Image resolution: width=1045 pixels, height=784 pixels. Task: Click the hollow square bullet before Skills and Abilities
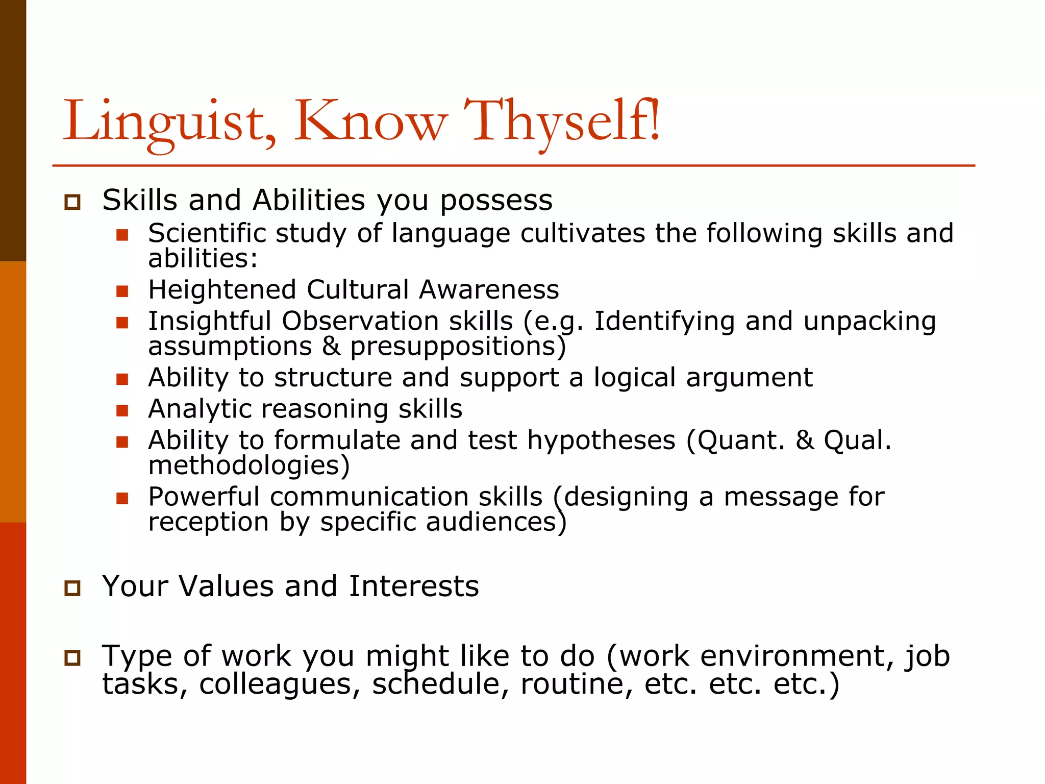[72, 202]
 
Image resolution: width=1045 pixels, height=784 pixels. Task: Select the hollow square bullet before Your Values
[72, 588]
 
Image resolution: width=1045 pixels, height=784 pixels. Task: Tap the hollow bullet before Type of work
[72, 657]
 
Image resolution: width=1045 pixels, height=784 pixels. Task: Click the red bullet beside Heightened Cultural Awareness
[122, 291]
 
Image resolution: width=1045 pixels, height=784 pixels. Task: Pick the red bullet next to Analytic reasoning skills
[122, 410]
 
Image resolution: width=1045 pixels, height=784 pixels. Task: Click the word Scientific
[207, 234]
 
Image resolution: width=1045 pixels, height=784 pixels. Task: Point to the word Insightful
[209, 322]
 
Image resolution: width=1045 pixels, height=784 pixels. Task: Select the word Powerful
[204, 497]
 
